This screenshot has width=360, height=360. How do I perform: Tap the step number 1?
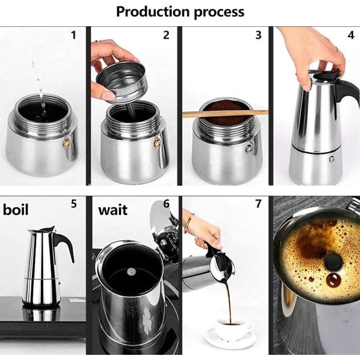tap(74, 35)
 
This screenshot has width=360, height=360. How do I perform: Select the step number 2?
tap(166, 35)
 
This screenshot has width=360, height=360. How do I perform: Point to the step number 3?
tap(258, 35)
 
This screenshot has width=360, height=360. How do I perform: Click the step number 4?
tap(351, 35)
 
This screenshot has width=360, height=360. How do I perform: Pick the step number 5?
tap(74, 204)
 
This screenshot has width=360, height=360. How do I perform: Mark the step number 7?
tap(258, 204)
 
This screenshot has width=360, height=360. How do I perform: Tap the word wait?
tap(113, 210)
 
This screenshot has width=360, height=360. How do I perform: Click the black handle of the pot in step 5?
tap(65, 244)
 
